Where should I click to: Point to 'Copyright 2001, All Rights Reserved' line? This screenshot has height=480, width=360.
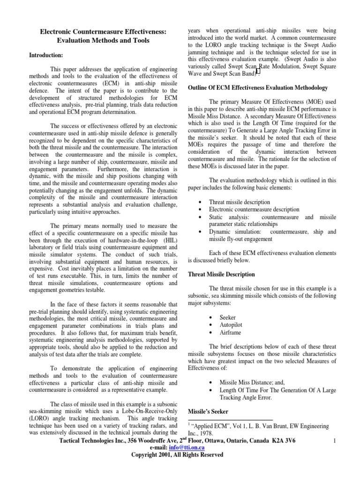click(x=177, y=455)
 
